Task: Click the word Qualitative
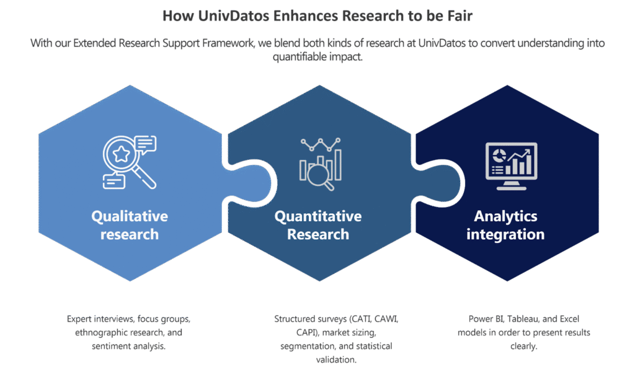coord(130,216)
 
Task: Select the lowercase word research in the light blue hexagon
coord(130,234)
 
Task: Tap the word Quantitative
coord(317,216)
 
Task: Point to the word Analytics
coord(505,216)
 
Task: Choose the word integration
coord(505,234)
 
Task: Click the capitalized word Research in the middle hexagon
coord(317,234)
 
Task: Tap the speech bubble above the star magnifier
coord(146,144)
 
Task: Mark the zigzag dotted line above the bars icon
coord(321,144)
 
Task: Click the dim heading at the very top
coord(317,15)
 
